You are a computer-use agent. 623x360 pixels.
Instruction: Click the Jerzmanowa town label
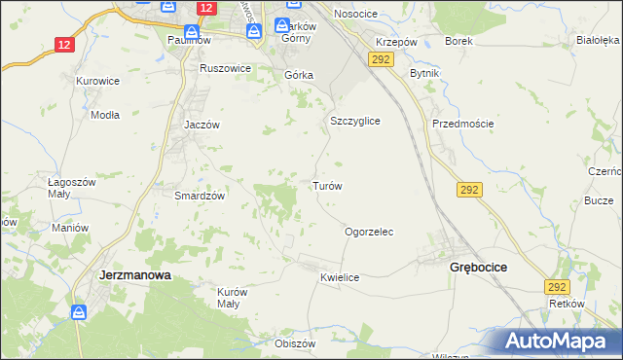(x=135, y=275)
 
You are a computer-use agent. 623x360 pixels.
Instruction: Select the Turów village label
(x=326, y=185)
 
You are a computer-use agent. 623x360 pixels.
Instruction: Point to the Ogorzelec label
(x=369, y=233)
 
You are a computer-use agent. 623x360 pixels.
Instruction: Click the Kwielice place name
(x=340, y=278)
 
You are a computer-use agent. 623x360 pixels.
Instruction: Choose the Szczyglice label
(x=354, y=121)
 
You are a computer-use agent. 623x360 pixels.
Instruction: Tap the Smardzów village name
(x=200, y=196)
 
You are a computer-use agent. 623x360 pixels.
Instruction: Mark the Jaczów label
(x=203, y=126)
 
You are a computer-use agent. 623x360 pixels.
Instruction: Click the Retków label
(x=566, y=304)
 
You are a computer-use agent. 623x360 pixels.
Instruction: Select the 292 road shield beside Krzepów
(x=381, y=60)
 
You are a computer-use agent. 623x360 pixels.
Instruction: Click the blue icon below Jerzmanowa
(x=79, y=312)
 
